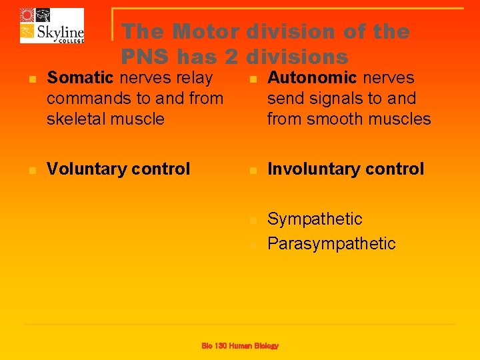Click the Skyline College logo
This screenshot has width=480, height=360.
coord(52,25)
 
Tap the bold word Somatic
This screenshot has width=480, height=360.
coord(81,78)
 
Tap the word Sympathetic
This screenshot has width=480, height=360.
coord(315,219)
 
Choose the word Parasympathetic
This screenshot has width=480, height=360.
coord(331,244)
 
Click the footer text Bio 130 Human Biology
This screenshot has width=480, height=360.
coord(240,345)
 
